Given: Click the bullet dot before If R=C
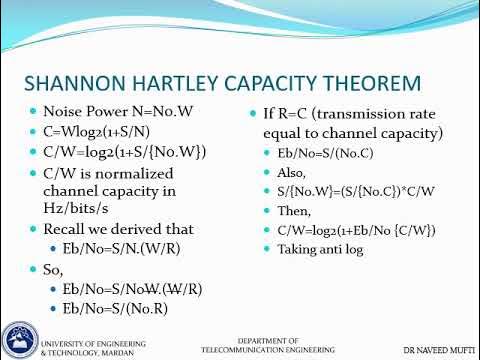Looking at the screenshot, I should [253, 114].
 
